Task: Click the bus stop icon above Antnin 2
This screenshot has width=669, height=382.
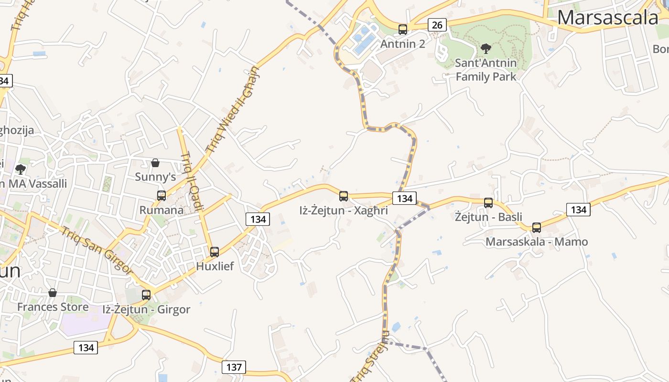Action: coord(403,30)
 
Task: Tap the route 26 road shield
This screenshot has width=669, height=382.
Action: coord(437,24)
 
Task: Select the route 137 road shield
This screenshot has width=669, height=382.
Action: coord(234,367)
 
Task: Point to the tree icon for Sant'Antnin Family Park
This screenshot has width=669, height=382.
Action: coord(486,48)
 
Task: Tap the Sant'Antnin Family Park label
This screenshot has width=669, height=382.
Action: coord(486,70)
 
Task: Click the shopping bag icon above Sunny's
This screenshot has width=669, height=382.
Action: coord(155,163)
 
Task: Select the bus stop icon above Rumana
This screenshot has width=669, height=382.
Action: coord(162,195)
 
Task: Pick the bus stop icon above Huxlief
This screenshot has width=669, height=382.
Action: coord(215,252)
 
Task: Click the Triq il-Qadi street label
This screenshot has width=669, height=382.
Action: coord(192,181)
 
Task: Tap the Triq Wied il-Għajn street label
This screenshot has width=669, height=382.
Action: coord(233,110)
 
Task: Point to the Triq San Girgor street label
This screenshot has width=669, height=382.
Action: coord(97,249)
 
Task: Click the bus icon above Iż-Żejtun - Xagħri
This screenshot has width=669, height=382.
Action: coord(344,196)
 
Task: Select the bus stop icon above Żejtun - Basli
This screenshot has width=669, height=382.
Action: coord(488,203)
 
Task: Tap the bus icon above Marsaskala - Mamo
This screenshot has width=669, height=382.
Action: coord(537,228)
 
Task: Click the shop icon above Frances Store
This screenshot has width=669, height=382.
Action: coord(53,292)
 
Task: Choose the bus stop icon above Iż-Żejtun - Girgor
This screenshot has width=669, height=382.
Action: coord(146,295)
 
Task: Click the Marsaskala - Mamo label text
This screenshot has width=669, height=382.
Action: coord(537,242)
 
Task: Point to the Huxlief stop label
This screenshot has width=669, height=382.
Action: coord(215,266)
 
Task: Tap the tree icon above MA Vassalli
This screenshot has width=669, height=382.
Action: coord(21,169)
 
